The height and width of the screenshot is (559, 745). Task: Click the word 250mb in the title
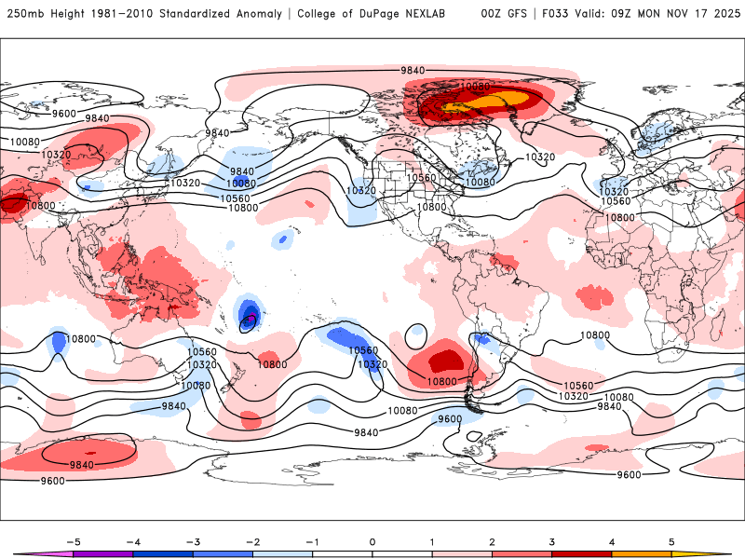25,14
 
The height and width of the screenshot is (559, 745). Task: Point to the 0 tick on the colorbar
372,540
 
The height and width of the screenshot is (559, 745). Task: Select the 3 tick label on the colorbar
552,540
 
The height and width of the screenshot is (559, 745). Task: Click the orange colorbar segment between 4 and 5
642,554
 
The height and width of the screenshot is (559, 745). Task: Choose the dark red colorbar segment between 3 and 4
582,554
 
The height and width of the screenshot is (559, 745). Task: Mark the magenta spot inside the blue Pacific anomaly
251,319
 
